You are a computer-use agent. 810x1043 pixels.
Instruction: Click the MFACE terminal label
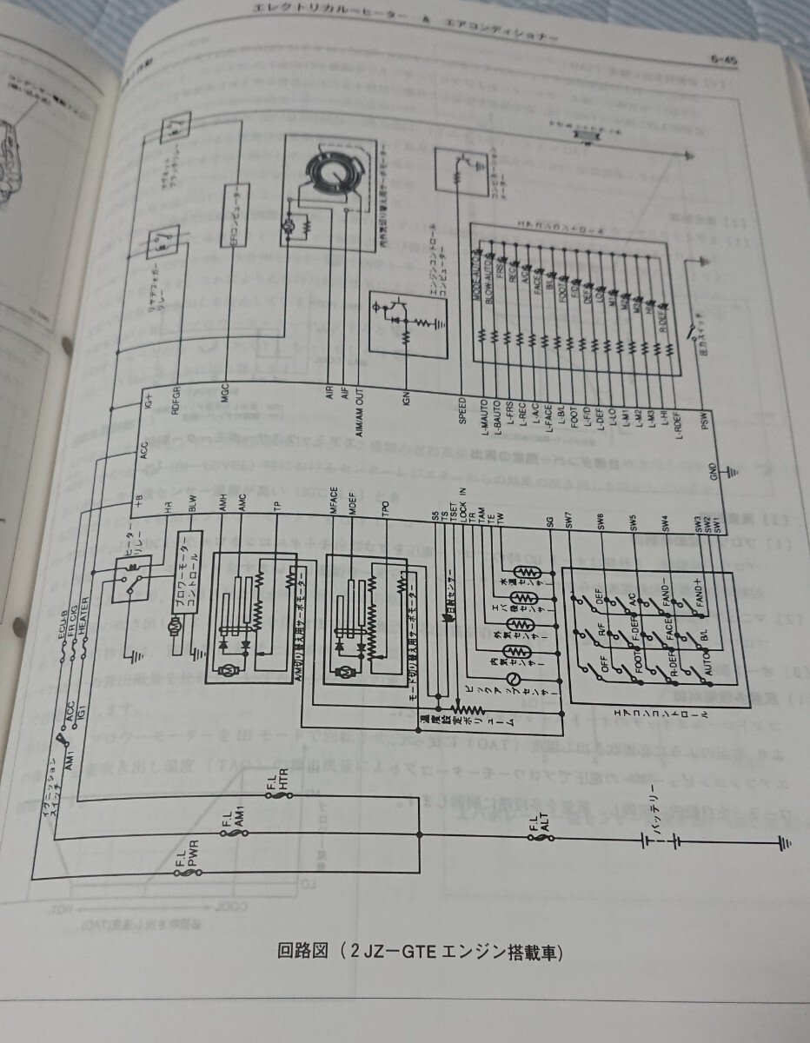click(x=334, y=508)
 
